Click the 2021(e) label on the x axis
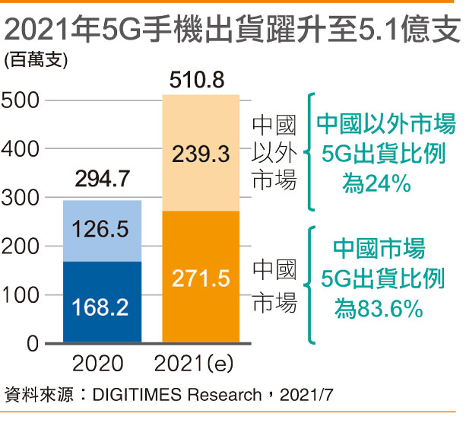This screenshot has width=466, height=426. [x=201, y=364]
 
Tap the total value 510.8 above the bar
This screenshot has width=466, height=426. [x=201, y=79]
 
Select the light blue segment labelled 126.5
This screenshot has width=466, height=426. [x=102, y=231]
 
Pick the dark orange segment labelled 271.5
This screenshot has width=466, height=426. [x=201, y=277]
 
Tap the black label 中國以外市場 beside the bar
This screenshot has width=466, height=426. [x=274, y=153]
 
